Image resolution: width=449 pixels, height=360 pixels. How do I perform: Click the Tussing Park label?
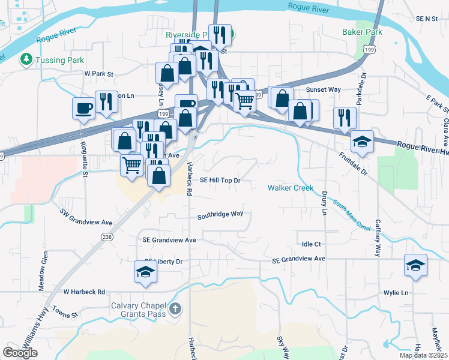(x=59, y=59)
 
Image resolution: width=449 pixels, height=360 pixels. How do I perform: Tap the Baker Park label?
(x=362, y=31)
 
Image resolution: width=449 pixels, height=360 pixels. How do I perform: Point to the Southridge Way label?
(x=220, y=214)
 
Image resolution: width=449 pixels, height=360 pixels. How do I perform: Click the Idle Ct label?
(x=312, y=244)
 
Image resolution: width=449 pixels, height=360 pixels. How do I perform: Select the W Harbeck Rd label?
(x=84, y=292)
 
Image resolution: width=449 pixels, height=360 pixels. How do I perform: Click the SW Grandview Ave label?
(x=86, y=217)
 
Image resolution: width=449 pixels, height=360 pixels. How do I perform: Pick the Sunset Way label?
(x=324, y=89)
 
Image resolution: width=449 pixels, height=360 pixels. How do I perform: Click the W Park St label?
(x=98, y=73)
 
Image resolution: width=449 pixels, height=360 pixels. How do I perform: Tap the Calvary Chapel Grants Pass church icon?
(x=175, y=310)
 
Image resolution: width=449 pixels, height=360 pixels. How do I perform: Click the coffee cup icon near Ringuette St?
(x=83, y=108)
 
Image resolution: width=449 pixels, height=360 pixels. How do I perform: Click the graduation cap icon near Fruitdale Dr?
(x=362, y=141)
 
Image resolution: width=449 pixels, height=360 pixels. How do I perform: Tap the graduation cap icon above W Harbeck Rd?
(x=145, y=273)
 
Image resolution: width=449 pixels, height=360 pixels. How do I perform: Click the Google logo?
(x=20, y=353)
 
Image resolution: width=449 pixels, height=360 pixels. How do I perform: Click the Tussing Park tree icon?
(x=26, y=59)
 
